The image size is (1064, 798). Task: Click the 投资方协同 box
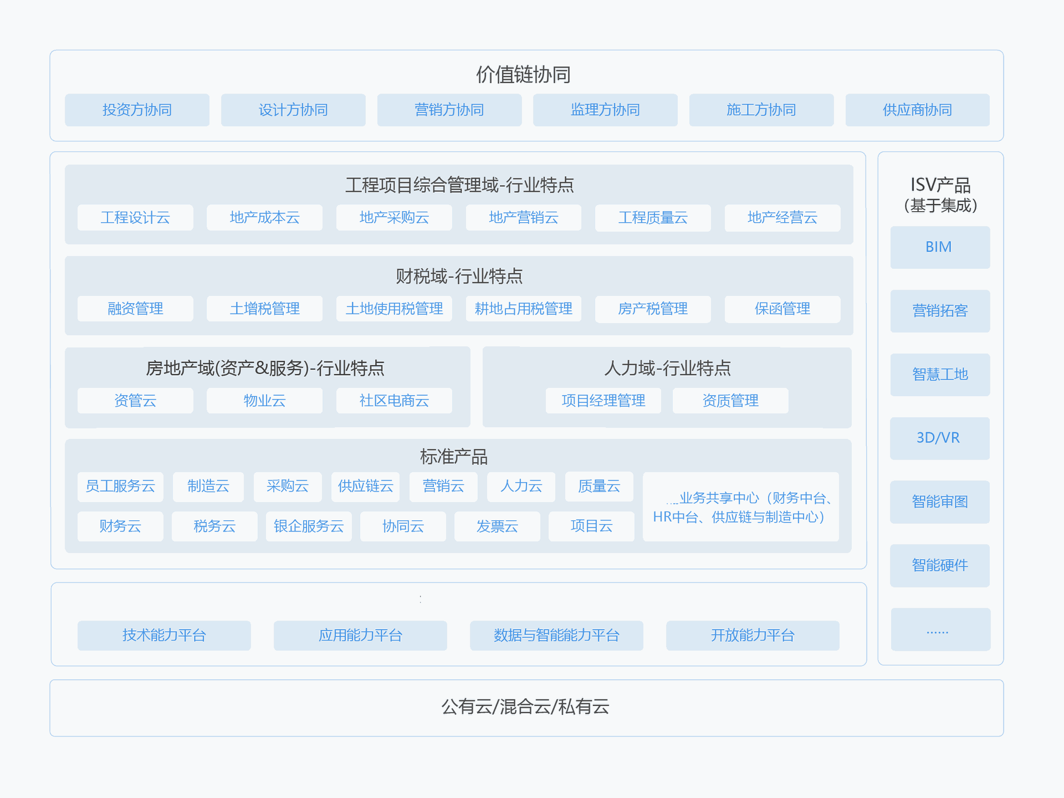click(x=137, y=110)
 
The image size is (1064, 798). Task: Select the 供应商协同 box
click(x=918, y=110)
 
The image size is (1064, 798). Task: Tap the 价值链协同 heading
click(x=524, y=74)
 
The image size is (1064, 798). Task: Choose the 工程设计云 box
click(x=135, y=218)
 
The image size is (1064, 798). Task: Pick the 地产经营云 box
click(x=782, y=218)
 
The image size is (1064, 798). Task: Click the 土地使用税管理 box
click(x=394, y=309)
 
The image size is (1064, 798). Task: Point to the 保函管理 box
click(x=782, y=309)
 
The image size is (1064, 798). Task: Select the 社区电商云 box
click(x=394, y=401)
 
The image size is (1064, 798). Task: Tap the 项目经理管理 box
click(x=603, y=401)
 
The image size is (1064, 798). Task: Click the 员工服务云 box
click(x=120, y=487)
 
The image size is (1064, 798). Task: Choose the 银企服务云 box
click(x=309, y=526)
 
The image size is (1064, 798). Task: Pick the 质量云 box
click(x=599, y=487)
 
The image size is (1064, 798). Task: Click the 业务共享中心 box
click(x=741, y=507)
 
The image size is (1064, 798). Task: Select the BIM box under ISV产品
click(x=940, y=247)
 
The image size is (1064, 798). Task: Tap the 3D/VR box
click(x=940, y=438)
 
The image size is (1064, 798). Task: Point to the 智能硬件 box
click(x=940, y=566)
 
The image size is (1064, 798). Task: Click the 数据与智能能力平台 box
click(x=556, y=636)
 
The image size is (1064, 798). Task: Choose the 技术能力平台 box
click(x=164, y=636)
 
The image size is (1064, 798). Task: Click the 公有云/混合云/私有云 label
click(x=525, y=707)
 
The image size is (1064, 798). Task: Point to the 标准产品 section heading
click(x=454, y=457)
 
